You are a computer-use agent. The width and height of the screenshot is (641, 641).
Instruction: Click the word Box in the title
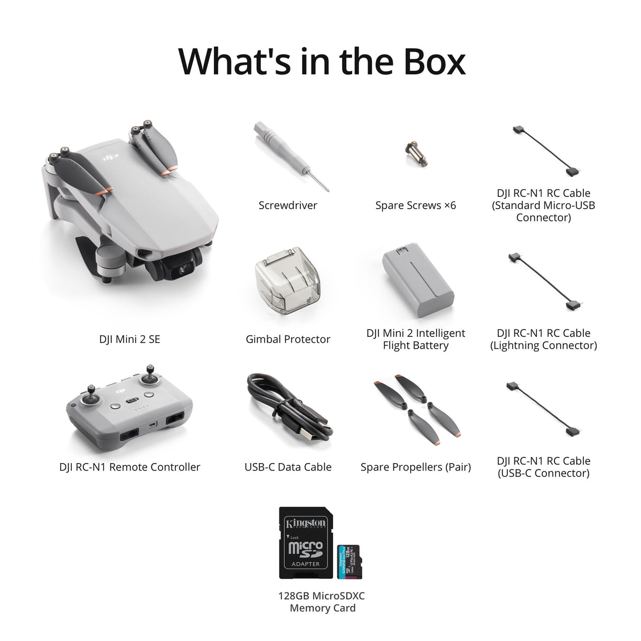click(435, 62)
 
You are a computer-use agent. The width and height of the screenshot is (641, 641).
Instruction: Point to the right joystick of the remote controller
click(150, 379)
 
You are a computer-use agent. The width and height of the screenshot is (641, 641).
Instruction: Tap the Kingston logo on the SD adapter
click(306, 523)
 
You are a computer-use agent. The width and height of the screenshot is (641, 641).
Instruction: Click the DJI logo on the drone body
click(110, 156)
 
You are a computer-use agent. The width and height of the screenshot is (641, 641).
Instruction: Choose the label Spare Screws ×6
click(416, 205)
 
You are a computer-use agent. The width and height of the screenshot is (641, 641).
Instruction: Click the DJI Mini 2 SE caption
click(129, 340)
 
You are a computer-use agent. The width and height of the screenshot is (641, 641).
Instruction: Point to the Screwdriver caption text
click(288, 205)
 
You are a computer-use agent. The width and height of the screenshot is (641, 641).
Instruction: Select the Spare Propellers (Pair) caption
click(416, 467)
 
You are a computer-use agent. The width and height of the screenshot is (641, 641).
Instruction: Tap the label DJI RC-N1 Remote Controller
click(130, 467)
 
